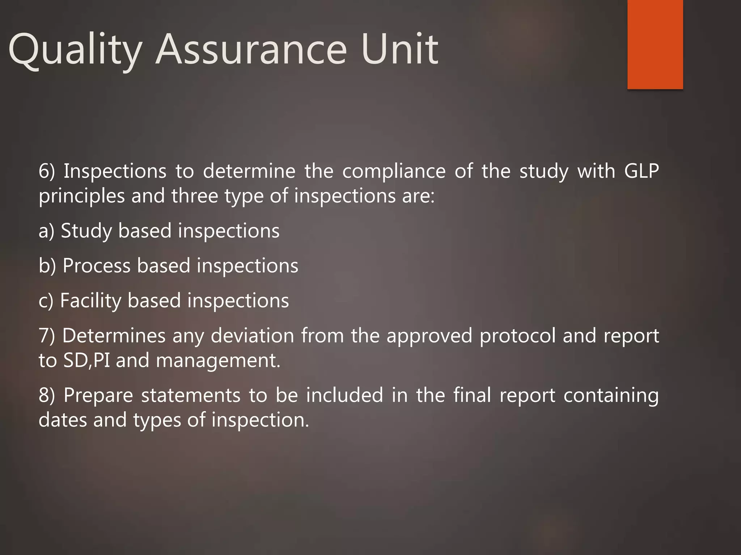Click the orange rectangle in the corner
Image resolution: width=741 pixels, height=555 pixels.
tap(655, 44)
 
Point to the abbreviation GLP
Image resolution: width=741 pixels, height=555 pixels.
tap(641, 171)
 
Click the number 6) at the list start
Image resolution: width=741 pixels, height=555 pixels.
tap(47, 171)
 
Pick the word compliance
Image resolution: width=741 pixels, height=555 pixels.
tap(394, 172)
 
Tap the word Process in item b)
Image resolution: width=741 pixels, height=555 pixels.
tap(96, 266)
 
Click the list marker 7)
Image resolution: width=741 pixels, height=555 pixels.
tap(47, 336)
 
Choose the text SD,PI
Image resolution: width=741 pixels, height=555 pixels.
tap(86, 361)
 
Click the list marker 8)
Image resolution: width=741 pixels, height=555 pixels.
tap(47, 395)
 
